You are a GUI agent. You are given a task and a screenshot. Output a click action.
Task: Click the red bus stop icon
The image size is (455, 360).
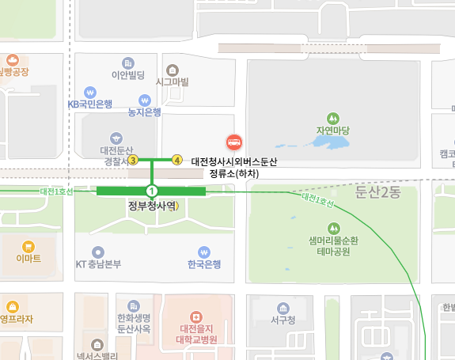pos(234,142)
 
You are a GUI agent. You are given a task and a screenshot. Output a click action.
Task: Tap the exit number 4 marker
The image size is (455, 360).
pos(177,160)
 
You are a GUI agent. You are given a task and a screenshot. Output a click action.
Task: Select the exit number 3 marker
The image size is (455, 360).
pos(133,160)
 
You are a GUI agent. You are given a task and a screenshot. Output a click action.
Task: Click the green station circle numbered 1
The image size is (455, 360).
pos(151,191)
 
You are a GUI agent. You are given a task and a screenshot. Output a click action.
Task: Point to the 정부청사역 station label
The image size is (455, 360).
pos(150,206)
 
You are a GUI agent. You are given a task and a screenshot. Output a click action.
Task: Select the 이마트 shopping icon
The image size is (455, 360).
pos(28,245)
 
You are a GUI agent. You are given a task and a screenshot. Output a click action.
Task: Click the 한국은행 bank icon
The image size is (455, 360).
pos(204,252)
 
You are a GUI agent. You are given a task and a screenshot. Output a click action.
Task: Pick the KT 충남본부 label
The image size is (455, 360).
pos(98,264)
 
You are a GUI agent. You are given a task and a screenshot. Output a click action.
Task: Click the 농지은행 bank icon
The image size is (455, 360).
pos(144,100)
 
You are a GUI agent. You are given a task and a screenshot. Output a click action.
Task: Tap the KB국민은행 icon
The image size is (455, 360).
pos(90,91)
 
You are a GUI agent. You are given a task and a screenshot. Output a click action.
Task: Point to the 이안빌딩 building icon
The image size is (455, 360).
pos(128,63)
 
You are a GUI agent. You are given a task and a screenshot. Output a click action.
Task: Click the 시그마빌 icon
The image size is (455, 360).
pos(172,69)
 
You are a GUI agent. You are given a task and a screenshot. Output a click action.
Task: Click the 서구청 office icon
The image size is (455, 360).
pos(282,307)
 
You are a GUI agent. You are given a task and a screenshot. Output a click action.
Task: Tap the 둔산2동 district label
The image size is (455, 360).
pos(379,192)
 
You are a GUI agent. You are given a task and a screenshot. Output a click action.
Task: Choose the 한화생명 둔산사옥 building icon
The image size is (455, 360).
pos(134,305)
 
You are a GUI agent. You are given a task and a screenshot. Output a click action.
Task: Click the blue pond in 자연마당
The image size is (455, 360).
pos(328,142)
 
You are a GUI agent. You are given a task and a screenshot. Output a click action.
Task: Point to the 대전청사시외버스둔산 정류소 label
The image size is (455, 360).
pos(239,166)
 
